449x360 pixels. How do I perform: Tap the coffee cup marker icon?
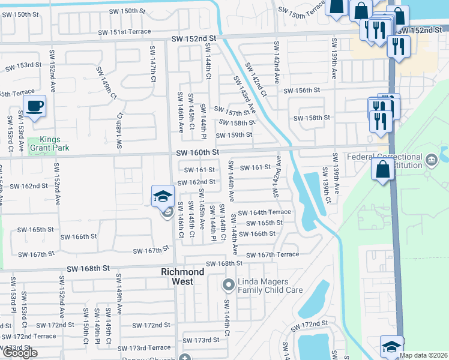35,106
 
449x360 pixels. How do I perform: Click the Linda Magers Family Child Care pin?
228,284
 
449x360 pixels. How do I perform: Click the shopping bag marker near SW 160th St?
383,170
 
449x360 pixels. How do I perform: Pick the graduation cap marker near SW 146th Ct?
163,196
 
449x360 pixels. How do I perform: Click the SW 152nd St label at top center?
193,38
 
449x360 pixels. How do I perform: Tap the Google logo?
19,353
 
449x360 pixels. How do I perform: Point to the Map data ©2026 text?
423,355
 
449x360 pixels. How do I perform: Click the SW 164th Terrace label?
265,212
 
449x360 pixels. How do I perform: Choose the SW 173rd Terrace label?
145,348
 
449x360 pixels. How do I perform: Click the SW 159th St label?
234,135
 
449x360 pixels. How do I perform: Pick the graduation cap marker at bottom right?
391,347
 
